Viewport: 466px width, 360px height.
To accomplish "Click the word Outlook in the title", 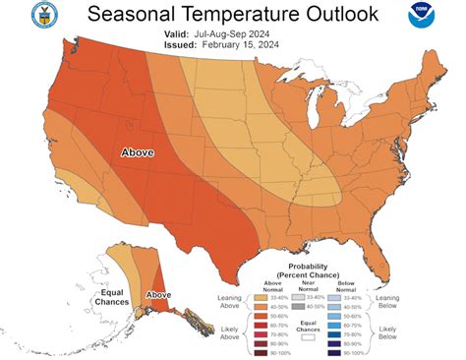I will [x=343, y=16].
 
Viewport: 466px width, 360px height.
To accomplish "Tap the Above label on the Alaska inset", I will [x=158, y=294].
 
